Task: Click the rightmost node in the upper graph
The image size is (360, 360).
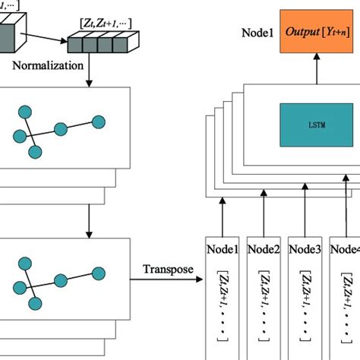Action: (x=97, y=122)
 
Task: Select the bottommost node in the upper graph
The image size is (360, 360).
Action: (x=34, y=153)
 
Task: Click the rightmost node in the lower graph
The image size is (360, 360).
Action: (x=97, y=273)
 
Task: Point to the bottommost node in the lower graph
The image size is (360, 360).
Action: (x=34, y=304)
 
